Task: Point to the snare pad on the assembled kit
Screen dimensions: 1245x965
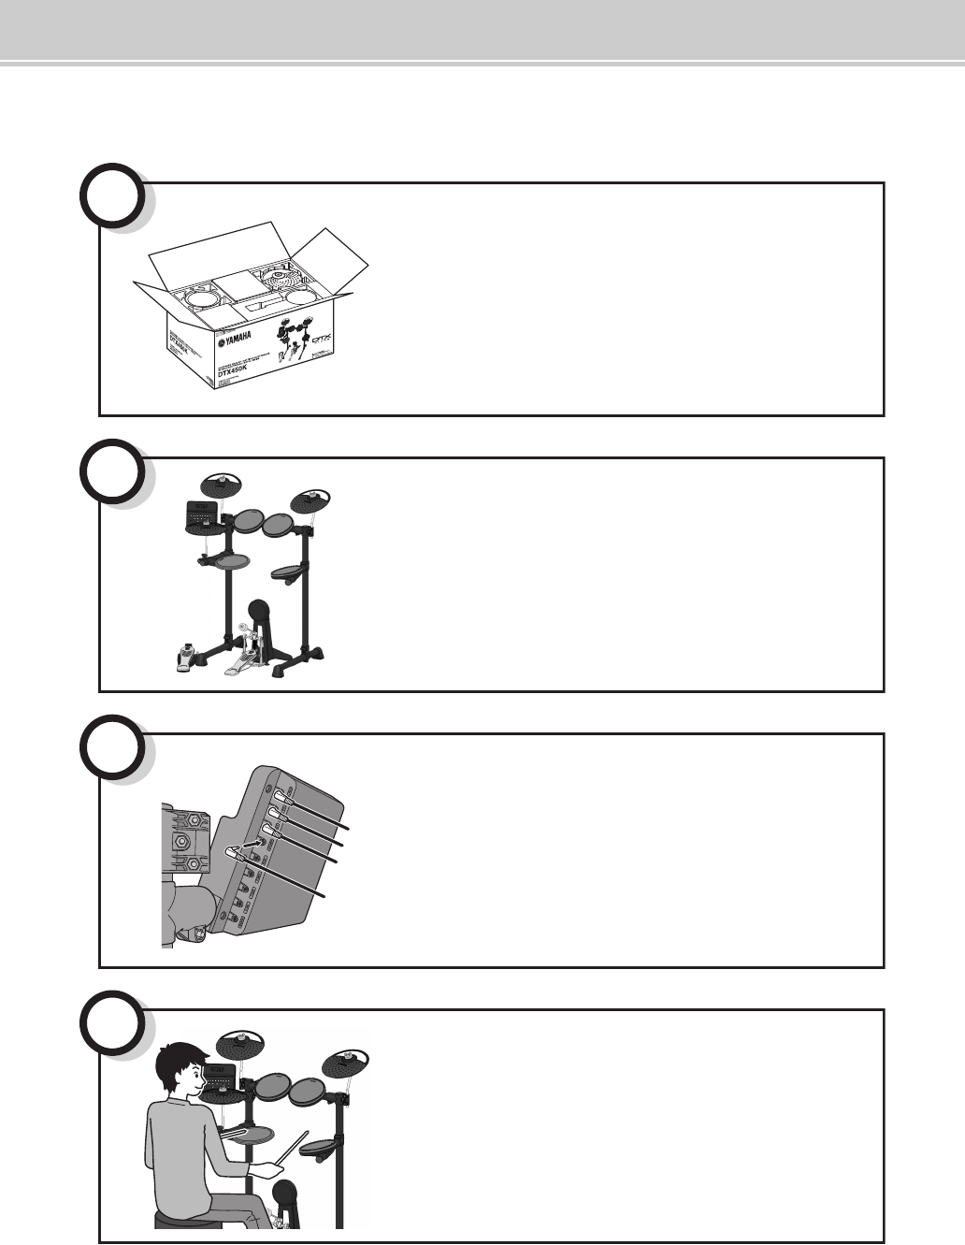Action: tap(233, 560)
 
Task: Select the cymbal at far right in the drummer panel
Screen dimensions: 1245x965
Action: tap(345, 1064)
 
